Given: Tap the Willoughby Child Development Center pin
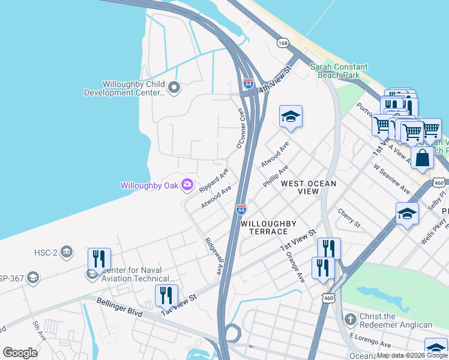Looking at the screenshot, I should click(x=174, y=88).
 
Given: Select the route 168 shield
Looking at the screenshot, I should click(x=283, y=43).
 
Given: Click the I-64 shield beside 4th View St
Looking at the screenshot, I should click(x=249, y=84).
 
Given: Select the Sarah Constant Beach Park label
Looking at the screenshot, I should click(x=334, y=71).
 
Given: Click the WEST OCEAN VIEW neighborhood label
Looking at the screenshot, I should click(x=300, y=187).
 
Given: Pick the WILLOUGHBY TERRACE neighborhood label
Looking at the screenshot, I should click(x=268, y=227).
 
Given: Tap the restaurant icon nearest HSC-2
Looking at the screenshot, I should click(x=99, y=259).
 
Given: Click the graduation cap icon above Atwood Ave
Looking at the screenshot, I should click(x=291, y=116).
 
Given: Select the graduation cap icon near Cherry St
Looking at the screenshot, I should click(x=407, y=214).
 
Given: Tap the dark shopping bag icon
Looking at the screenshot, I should click(x=422, y=158).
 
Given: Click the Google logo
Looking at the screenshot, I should click(x=20, y=353).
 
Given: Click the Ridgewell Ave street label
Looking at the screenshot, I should click(x=212, y=256).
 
